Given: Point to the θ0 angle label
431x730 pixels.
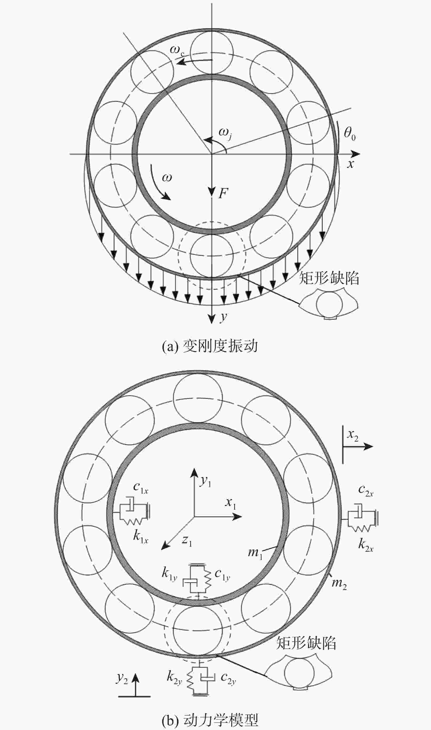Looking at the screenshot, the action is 350,135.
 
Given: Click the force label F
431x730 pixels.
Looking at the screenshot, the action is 223,193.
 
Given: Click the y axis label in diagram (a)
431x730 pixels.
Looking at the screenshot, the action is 223,317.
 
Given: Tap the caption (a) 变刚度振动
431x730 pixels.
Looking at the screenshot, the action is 210,346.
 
